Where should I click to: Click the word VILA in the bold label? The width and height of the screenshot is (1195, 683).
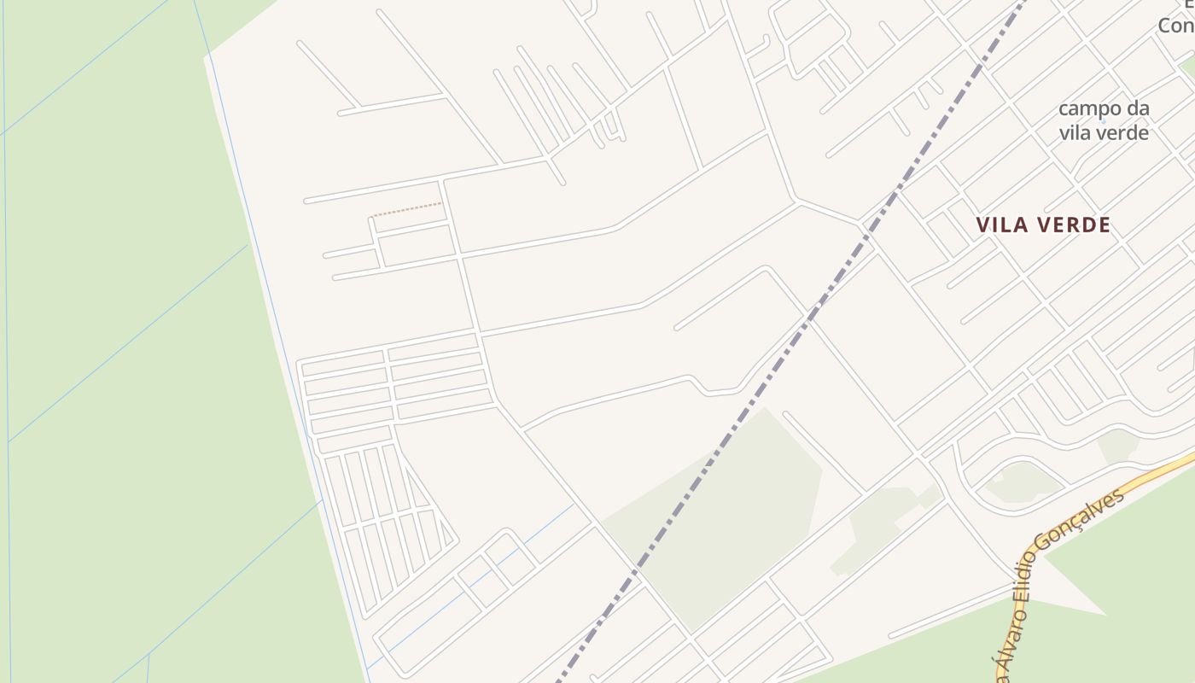pyautogui.click(x=1001, y=225)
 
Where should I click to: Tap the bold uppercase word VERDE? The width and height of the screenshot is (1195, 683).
pyautogui.click(x=1073, y=225)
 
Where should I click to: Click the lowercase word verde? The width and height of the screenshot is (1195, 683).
pyautogui.click(x=1117, y=132)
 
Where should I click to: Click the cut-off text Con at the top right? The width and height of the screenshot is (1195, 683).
pyautogui.click(x=1175, y=26)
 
